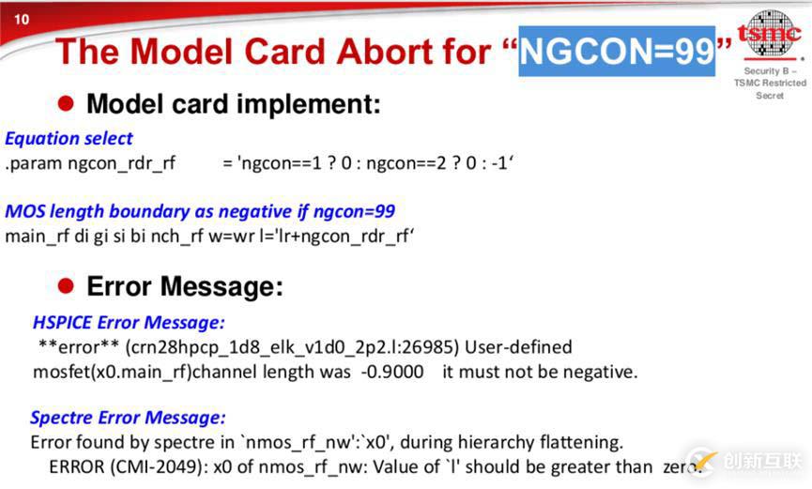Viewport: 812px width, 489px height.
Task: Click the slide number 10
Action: (x=22, y=20)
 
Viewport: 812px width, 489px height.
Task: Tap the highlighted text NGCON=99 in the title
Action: (x=617, y=51)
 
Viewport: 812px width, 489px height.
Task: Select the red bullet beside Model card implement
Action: (x=66, y=103)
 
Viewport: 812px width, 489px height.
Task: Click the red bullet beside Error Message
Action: (x=66, y=285)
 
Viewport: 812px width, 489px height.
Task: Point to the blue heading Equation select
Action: (x=69, y=138)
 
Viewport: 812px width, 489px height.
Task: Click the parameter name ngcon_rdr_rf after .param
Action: (x=122, y=163)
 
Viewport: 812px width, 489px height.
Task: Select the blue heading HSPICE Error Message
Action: (x=129, y=322)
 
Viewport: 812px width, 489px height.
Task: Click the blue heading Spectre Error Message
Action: (x=128, y=418)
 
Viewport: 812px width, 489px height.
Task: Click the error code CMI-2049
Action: (x=155, y=466)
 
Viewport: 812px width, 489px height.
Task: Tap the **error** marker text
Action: (x=79, y=346)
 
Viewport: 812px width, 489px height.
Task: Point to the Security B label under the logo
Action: (x=770, y=71)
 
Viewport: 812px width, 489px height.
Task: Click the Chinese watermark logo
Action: (x=746, y=460)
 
